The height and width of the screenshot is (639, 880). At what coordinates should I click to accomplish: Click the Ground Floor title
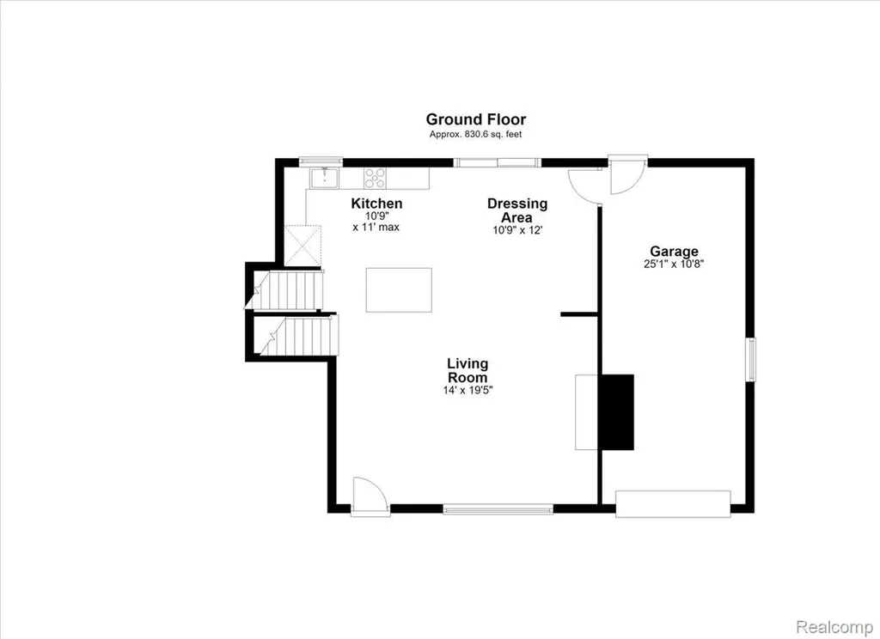(x=476, y=119)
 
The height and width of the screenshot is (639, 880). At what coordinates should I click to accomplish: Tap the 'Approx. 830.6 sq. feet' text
(x=476, y=135)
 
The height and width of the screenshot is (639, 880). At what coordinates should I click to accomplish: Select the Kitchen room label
(x=376, y=203)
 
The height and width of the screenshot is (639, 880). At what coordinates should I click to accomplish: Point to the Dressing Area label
(x=517, y=210)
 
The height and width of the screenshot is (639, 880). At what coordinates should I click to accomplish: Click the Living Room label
(x=467, y=370)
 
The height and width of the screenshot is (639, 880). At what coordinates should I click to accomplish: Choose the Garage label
(x=674, y=252)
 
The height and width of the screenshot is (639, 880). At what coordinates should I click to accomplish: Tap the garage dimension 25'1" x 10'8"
(x=674, y=265)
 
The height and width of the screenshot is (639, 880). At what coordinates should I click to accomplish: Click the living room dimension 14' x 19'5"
(x=467, y=390)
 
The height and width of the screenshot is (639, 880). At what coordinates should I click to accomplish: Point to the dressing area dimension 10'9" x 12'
(x=517, y=230)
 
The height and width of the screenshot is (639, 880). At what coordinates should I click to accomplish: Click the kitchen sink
(x=325, y=178)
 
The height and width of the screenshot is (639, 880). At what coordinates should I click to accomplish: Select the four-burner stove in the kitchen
(x=375, y=178)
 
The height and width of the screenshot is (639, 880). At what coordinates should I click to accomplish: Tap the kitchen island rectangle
(x=399, y=290)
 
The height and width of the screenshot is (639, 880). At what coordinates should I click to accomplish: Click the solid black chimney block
(x=618, y=412)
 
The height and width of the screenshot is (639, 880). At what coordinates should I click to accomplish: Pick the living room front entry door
(x=370, y=496)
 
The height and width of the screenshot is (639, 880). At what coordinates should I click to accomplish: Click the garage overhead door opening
(x=673, y=504)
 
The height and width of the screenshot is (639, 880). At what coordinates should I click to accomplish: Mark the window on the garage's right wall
(x=750, y=360)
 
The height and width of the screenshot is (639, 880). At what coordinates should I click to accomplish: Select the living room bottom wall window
(x=498, y=508)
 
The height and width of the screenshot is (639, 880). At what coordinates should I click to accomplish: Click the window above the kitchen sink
(x=321, y=161)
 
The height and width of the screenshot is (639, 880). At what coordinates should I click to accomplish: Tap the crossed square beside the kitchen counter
(x=302, y=246)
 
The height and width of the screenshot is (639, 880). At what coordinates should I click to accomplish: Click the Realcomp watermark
(x=835, y=626)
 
